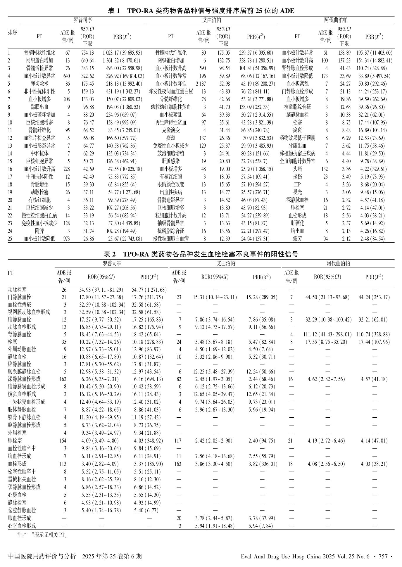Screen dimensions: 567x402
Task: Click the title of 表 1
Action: [201, 11]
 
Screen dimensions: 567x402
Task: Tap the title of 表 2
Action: [201, 254]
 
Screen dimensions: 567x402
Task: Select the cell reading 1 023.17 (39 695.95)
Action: [122, 53]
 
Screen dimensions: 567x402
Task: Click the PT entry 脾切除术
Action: [39, 84]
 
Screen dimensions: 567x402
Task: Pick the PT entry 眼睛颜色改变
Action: [171, 184]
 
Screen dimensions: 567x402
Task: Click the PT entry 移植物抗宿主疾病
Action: [297, 153]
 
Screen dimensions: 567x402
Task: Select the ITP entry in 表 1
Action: [297, 184]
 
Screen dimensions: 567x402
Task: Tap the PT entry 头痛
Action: [297, 169]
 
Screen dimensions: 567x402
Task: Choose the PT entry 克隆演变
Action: [171, 130]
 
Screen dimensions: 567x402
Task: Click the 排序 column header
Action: [13, 32]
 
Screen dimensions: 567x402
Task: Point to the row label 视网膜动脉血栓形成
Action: [29, 312]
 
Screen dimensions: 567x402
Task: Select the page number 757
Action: [383, 556]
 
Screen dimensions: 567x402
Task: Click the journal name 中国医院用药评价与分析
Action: [42, 556]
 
